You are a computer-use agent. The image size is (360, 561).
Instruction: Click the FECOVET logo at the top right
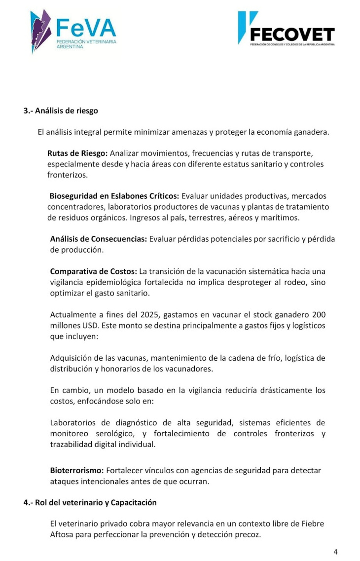(286, 29)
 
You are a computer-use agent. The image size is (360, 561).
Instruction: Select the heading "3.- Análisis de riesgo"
(61, 111)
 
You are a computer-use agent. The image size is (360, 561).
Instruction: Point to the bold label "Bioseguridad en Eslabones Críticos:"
(114, 196)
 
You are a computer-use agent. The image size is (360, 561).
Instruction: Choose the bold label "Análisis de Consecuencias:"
(99, 239)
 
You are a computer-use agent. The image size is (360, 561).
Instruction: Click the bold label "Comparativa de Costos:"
(94, 271)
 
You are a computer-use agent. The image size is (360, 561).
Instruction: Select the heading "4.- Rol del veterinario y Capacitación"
(90, 502)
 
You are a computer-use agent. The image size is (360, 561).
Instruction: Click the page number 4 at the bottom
(335, 552)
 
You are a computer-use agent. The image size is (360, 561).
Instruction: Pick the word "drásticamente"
(270, 390)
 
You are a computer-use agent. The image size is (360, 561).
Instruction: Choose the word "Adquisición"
(73, 358)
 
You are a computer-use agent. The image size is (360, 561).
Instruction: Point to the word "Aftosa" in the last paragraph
(62, 534)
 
